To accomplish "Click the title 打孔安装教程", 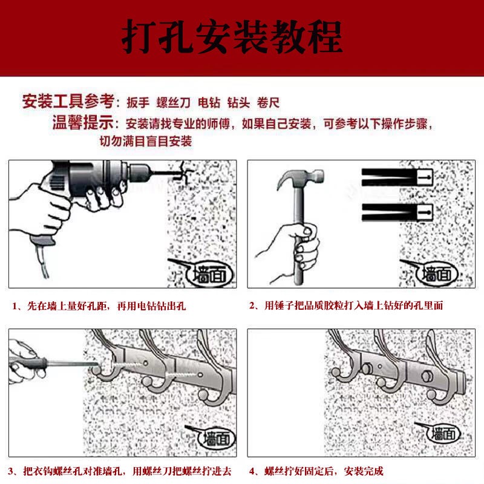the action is click(x=232, y=37).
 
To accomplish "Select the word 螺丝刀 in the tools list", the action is click(x=174, y=102).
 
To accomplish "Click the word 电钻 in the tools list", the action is click(x=211, y=102).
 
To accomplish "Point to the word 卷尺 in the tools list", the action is click(x=269, y=102).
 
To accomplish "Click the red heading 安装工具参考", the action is click(x=68, y=102).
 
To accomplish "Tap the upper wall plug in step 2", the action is click(x=396, y=176).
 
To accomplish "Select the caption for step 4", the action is click(x=316, y=471).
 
